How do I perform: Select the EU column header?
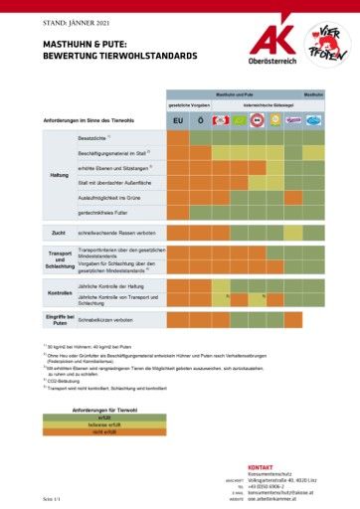(x=177, y=120)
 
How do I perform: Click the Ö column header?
(x=200, y=120)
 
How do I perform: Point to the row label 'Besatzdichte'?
(x=93, y=137)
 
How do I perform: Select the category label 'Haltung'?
(x=59, y=175)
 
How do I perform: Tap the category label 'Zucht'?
(x=59, y=233)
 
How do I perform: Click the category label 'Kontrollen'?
(x=59, y=292)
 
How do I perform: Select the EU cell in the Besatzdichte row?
(x=177, y=138)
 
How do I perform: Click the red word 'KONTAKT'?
(x=260, y=466)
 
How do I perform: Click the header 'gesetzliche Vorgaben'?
(x=188, y=103)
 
